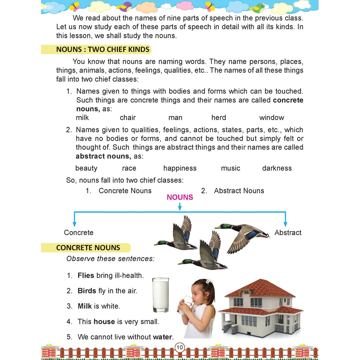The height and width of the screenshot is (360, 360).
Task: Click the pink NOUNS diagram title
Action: point(180,197)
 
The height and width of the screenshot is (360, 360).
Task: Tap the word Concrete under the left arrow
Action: point(78,233)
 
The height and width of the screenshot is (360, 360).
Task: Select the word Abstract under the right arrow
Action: point(288,233)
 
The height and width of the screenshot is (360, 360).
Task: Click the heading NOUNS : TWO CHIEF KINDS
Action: point(103,50)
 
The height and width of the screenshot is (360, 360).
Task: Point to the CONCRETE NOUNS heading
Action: point(88,248)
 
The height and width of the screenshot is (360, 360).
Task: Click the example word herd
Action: point(219,118)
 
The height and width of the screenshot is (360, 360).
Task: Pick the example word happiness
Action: point(180,168)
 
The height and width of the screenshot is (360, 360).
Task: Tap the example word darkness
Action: point(277,168)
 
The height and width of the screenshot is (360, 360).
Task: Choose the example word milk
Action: point(82,118)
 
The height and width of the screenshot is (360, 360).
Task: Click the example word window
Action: point(271,118)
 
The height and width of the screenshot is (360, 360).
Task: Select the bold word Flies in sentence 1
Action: point(86,276)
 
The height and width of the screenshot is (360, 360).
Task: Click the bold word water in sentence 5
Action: point(163,337)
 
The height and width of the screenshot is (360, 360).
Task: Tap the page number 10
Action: point(180,348)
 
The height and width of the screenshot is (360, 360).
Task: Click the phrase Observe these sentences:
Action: point(110,258)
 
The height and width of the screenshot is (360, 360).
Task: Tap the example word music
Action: point(230,168)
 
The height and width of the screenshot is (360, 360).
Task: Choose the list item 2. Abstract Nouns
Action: point(233,191)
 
